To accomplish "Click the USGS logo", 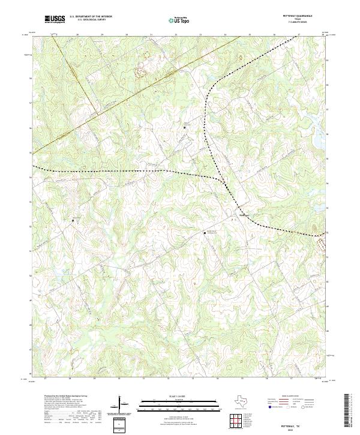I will (x=55, y=19).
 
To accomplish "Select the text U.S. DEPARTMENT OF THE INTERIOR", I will (x=91, y=17).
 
